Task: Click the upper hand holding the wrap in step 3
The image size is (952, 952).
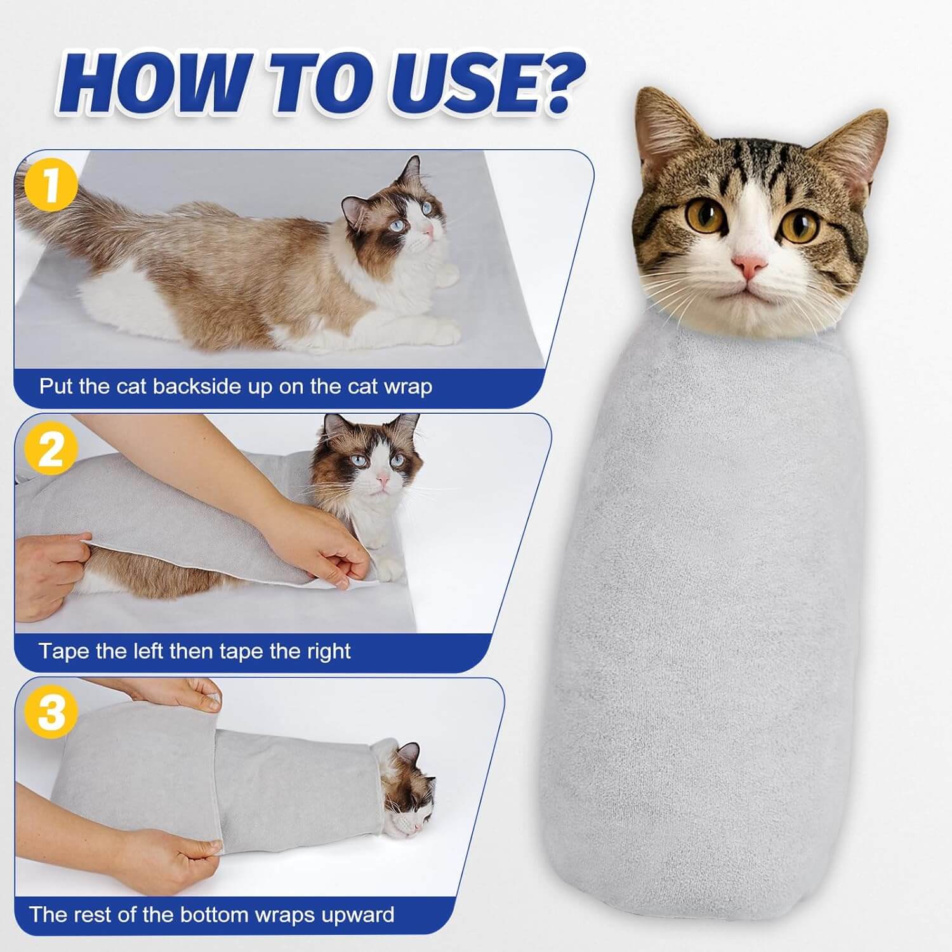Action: [190, 695]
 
